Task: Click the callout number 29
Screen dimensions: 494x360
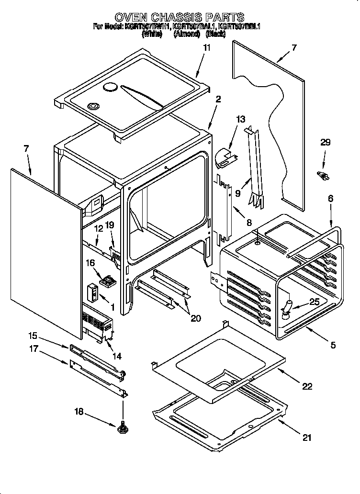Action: pyautogui.click(x=325, y=143)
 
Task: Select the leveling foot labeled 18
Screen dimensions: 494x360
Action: pyautogui.click(x=122, y=427)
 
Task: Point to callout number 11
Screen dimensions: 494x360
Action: pyautogui.click(x=206, y=47)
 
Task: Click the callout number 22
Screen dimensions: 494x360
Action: pyautogui.click(x=307, y=386)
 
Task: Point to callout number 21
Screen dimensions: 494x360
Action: pyautogui.click(x=307, y=437)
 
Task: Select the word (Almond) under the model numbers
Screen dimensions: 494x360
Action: pyautogui.click(x=186, y=34)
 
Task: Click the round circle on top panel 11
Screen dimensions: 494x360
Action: pyautogui.click(x=110, y=87)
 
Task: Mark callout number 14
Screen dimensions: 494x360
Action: pyautogui.click(x=116, y=356)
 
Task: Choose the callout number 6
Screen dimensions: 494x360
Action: pyautogui.click(x=331, y=199)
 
